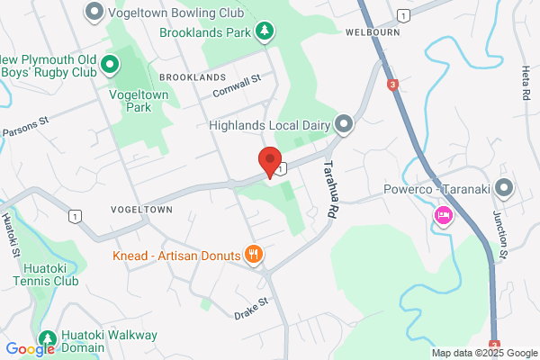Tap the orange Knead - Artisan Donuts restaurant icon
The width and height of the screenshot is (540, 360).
255,255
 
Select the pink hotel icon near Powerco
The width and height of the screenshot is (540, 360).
443,216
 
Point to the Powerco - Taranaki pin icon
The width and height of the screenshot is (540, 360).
503,189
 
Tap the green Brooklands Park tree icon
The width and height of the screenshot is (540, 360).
264,32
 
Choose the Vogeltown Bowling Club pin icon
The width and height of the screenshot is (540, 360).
94,13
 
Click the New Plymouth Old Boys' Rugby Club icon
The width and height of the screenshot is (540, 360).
110,64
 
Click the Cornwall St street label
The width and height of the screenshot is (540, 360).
237,86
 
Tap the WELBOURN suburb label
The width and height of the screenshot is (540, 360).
370,31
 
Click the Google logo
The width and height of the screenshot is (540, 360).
30,349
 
